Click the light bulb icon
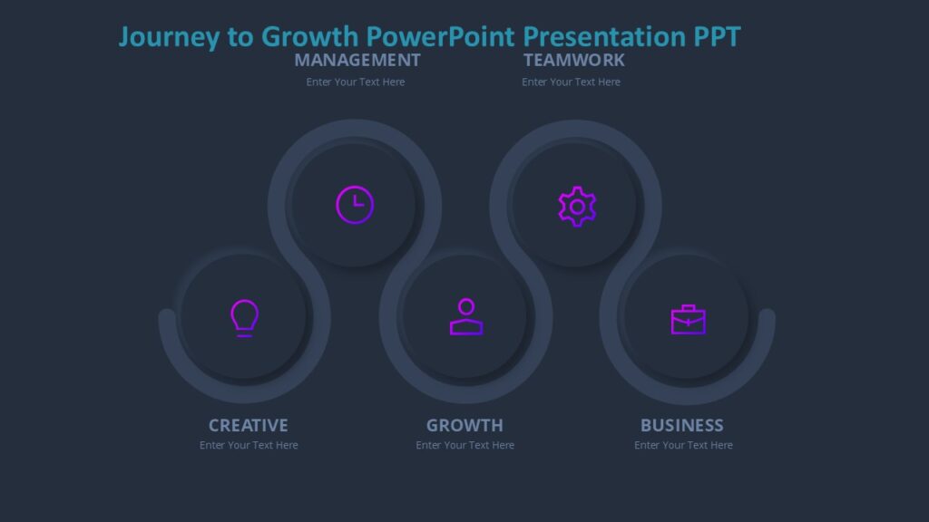tap(244, 318)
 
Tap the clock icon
tap(355, 204)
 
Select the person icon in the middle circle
tap(465, 317)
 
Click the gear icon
tap(577, 206)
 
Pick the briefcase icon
tap(688, 319)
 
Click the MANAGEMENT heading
tap(357, 60)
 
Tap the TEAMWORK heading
tap(574, 60)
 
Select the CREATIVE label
tap(248, 425)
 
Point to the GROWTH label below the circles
tap(464, 425)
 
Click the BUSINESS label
tap(682, 425)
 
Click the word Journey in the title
tap(169, 37)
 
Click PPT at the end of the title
tap(718, 36)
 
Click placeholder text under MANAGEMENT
tap(356, 82)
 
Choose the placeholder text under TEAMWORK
tap(572, 82)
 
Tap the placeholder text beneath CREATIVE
tap(249, 446)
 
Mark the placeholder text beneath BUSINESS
tap(683, 446)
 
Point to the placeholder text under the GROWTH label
tap(465, 446)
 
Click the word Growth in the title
tap(311, 36)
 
